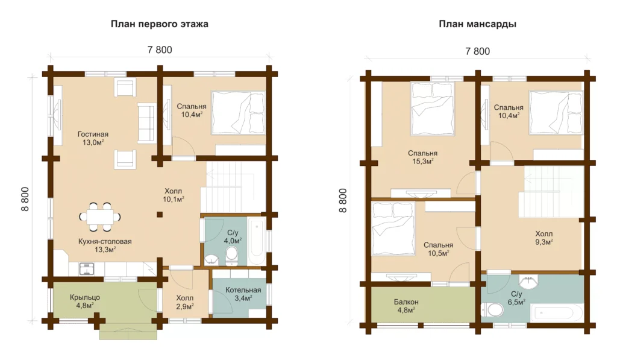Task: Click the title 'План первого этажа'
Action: coord(159,24)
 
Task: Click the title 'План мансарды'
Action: coord(477,24)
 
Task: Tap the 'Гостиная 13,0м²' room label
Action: coord(93,138)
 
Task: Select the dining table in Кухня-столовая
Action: coord(100,216)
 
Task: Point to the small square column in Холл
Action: coord(159,215)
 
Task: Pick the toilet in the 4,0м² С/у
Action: coord(232,253)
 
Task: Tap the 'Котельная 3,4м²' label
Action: coord(243,294)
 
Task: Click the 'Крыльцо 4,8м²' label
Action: coord(84,302)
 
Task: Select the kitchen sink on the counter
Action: coord(87,269)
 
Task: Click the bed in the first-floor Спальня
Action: coord(239,113)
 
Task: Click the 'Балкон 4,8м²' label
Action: coord(406,306)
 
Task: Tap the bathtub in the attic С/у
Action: coord(557,313)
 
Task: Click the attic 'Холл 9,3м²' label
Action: coord(544,238)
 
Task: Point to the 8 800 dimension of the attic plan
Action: coord(343,200)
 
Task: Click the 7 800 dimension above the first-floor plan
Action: coord(160,50)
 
